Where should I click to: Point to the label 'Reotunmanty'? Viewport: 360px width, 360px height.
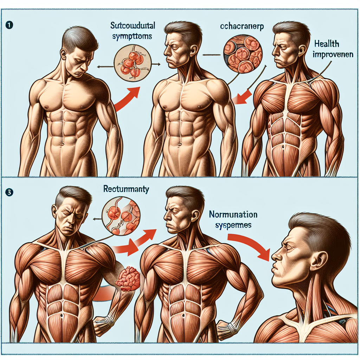coord(126,189)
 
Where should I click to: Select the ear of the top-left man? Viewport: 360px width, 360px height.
coord(63,54)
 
